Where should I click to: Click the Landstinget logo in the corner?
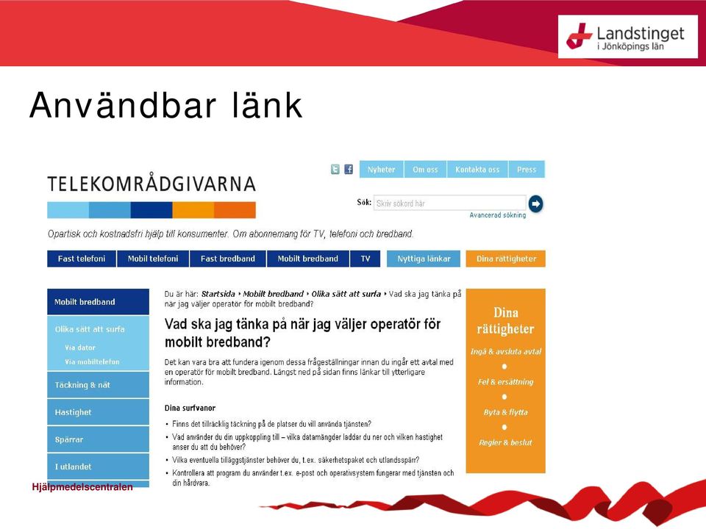pos(627,37)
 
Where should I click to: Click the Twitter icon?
pos(335,169)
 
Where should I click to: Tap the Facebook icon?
pos(349,169)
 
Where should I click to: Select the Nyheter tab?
pos(382,169)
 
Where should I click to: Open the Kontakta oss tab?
pos(477,169)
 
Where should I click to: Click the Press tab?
pos(527,169)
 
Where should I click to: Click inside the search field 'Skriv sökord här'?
pos(450,203)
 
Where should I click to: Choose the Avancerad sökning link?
pos(498,215)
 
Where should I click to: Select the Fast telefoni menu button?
pos(82,259)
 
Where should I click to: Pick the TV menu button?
pos(366,259)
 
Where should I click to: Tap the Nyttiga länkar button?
pos(424,259)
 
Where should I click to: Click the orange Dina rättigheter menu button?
pos(506,259)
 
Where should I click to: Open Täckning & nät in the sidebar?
pos(98,385)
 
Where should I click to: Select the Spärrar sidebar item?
pos(98,439)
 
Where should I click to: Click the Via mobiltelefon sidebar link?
pos(93,361)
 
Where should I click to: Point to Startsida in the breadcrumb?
pos(218,294)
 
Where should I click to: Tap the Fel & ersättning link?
pos(506,382)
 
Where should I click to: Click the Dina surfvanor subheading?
pos(190,408)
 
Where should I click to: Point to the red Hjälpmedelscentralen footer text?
pos(82,486)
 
